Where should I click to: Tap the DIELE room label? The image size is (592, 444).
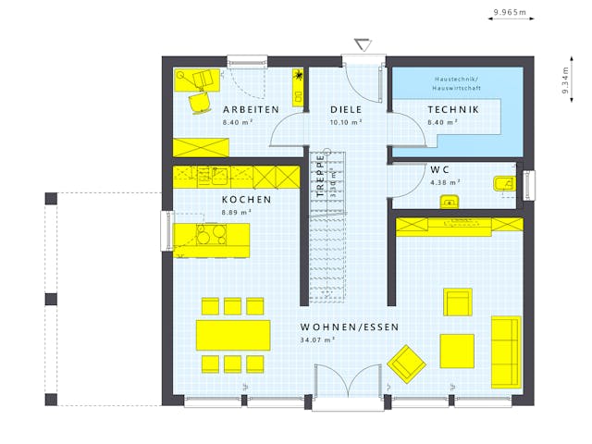coord(346,110)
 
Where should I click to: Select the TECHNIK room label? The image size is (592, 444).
coord(453,110)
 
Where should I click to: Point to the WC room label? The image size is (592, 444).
coord(439,170)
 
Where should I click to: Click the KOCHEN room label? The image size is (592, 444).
coord(246,200)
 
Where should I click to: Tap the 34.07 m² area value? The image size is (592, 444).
coord(318,339)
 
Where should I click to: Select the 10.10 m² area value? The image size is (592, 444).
coord(346,121)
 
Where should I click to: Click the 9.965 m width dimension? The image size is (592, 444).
coord(509,12)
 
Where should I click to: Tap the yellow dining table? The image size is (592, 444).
coord(233,334)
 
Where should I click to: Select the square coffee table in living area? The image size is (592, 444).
coord(457,351)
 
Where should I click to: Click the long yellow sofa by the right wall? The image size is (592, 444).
coord(506,351)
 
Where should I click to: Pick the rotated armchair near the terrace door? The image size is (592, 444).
coord(404,363)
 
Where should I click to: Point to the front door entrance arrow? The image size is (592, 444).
coord(362,45)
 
